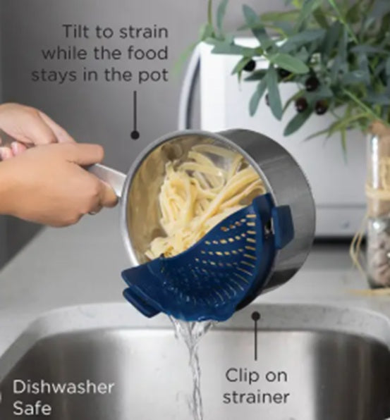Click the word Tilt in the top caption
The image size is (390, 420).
point(78,32)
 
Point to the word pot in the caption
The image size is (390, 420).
point(155,74)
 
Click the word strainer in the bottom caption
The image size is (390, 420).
point(256,397)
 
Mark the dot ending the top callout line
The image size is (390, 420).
point(135,134)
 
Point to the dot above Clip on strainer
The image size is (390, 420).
point(256,316)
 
